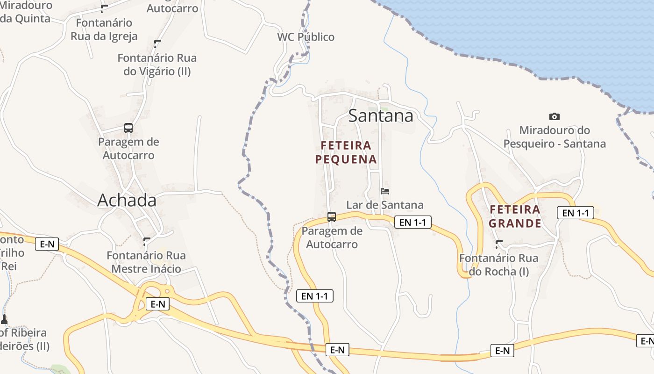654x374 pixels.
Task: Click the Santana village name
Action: click(x=381, y=115)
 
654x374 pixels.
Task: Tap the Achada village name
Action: click(x=127, y=200)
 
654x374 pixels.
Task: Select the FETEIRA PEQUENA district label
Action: click(x=346, y=152)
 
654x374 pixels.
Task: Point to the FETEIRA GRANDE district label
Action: click(x=515, y=216)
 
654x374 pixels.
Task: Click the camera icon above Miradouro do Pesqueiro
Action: click(x=554, y=116)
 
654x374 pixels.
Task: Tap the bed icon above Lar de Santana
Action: click(x=385, y=191)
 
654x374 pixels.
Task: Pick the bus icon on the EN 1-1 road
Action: click(x=332, y=216)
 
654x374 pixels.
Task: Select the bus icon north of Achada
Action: click(x=128, y=128)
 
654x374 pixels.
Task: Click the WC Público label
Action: click(x=306, y=37)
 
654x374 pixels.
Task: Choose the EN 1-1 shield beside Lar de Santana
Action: click(x=412, y=222)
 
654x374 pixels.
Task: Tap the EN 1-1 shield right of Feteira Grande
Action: click(x=575, y=213)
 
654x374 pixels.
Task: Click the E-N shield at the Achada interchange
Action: click(x=157, y=304)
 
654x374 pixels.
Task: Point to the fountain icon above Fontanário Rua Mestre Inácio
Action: click(x=147, y=241)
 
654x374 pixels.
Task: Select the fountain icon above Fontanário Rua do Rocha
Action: click(x=499, y=244)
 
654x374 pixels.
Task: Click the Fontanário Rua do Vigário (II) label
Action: click(x=157, y=65)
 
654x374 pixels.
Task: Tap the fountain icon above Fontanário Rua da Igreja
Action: click(x=104, y=8)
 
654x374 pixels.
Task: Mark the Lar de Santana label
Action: click(x=384, y=205)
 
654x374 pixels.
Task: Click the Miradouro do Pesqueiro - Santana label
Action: click(x=554, y=137)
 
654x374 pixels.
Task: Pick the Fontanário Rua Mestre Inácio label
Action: click(x=146, y=262)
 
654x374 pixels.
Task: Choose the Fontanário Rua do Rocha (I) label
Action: click(x=498, y=265)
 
